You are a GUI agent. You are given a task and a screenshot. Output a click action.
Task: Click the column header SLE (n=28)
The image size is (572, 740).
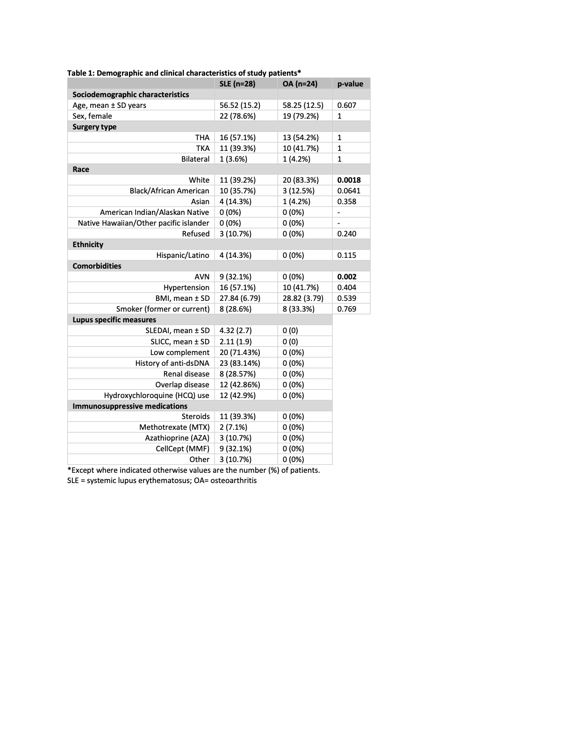(x=237, y=84)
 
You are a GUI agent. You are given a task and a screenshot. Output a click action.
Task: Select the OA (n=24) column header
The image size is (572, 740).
(x=300, y=84)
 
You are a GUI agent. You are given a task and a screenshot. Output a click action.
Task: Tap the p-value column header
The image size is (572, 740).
(x=350, y=84)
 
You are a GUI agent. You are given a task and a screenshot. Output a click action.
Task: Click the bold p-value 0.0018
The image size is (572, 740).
(x=349, y=180)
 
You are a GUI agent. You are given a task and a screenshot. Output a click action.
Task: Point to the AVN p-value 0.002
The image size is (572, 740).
(x=347, y=277)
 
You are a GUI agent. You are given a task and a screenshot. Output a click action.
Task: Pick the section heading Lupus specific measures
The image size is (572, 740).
(x=114, y=320)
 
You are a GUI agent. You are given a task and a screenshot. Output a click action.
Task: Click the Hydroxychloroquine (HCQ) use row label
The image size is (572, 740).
(x=157, y=395)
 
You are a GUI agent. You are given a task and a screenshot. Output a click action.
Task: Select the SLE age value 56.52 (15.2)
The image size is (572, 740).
(x=240, y=106)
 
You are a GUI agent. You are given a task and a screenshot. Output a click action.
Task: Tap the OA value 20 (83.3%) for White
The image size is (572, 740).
(x=300, y=180)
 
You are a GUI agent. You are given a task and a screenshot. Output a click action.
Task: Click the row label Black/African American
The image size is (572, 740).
(x=169, y=191)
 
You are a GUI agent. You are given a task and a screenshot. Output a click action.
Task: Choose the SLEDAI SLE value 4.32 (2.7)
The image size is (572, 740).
(x=236, y=331)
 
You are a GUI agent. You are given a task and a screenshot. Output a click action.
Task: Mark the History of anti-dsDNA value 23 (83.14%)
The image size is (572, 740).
(x=240, y=363)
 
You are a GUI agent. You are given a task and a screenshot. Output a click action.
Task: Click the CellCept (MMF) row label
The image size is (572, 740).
(x=183, y=449)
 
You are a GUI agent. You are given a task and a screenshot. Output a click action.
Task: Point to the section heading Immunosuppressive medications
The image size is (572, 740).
(x=130, y=406)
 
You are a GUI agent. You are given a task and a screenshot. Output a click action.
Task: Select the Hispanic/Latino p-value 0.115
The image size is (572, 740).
(x=347, y=256)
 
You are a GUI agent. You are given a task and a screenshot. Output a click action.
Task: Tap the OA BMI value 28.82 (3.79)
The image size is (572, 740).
(x=303, y=299)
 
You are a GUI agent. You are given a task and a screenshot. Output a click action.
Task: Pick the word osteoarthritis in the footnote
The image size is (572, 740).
(x=234, y=481)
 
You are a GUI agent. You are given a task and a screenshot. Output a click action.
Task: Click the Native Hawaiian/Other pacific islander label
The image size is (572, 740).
(x=143, y=223)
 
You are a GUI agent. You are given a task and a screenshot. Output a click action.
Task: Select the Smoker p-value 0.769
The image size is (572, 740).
(x=347, y=309)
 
